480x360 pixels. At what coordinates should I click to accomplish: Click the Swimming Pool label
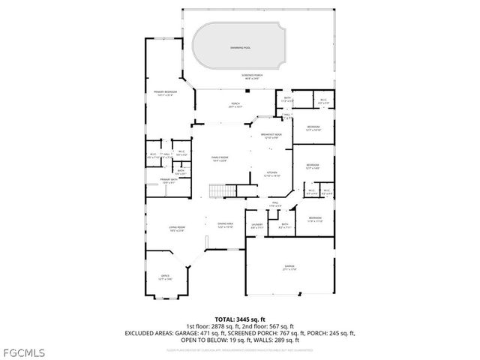click(x=241, y=48)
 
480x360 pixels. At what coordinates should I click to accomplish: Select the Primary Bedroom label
click(x=165, y=93)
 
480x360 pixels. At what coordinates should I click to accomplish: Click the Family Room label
click(x=219, y=158)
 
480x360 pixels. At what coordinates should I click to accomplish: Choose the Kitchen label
click(x=271, y=174)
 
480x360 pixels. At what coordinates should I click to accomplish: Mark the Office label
click(x=165, y=277)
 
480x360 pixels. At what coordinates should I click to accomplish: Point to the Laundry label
click(x=256, y=225)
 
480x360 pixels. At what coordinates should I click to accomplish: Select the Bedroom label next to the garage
click(x=315, y=220)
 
